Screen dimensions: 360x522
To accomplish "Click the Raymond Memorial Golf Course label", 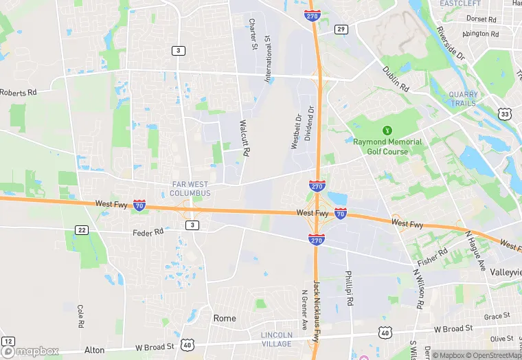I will click(387, 146).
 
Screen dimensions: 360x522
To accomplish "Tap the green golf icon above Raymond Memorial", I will click(387, 129).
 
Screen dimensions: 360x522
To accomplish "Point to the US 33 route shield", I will click(505, 114).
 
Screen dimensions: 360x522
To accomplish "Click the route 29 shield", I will click(341, 29).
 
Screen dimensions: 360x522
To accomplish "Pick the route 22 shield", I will click(82, 229).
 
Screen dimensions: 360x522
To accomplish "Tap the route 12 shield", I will click(8, 341).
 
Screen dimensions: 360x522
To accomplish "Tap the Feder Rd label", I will click(148, 232).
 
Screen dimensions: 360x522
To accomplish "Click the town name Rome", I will click(225, 318).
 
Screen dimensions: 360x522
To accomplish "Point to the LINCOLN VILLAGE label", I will click(277, 339).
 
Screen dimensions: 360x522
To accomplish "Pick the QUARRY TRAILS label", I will click(462, 99).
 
